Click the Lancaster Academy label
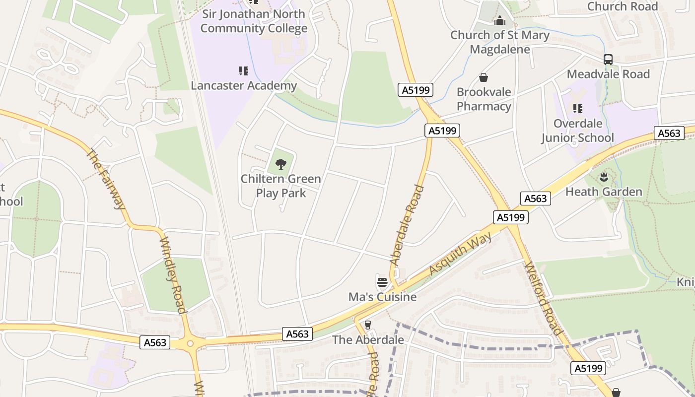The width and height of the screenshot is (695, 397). tap(244, 86)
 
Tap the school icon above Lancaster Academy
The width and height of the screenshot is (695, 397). tap(243, 71)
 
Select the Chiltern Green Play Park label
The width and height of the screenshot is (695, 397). tap(281, 186)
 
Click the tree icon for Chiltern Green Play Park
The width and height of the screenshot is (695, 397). tap(280, 164)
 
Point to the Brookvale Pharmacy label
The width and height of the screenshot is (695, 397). tap(484, 99)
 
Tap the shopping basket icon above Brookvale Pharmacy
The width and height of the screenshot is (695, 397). tap(483, 78)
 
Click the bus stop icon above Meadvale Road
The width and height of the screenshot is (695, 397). tap(608, 60)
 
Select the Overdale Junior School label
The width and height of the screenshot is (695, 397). tap(578, 131)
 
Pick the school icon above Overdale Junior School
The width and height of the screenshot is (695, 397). tap(577, 108)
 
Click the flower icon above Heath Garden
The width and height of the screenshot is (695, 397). tap(604, 177)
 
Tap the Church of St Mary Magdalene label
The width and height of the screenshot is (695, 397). tap(500, 42)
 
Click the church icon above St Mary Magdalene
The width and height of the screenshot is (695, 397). tap(499, 21)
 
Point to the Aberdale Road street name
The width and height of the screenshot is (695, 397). tap(408, 225)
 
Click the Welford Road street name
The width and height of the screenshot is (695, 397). tap(544, 298)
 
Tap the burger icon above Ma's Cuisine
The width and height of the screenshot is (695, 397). tap(382, 282)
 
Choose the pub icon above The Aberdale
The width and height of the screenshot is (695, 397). tap(367, 325)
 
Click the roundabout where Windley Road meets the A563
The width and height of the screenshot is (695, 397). tap(190, 343)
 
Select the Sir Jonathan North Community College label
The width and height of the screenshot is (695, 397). tap(254, 21)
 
